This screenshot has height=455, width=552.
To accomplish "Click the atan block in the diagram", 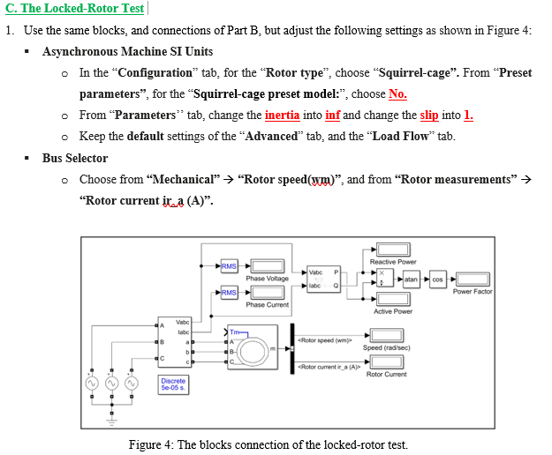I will tap(412, 279).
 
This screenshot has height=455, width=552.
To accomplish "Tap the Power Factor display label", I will tap(473, 292).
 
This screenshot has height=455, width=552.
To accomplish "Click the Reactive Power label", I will tap(393, 262).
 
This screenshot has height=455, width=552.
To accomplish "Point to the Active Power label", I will tap(393, 311).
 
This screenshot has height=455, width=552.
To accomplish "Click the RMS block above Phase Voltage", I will tap(229, 265).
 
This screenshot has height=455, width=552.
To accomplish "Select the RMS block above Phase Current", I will tap(229, 292).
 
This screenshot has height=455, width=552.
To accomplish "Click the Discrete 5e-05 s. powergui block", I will tap(173, 384).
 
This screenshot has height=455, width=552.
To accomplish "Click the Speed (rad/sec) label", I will tap(385, 347).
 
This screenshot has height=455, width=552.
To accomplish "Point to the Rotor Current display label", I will tap(386, 375).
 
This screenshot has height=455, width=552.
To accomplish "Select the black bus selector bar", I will tap(291, 351).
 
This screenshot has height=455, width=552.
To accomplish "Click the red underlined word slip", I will tap(428, 116).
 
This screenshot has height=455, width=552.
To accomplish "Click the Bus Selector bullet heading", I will tap(75, 158).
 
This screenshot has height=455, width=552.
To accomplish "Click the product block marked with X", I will tap(382, 273).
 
